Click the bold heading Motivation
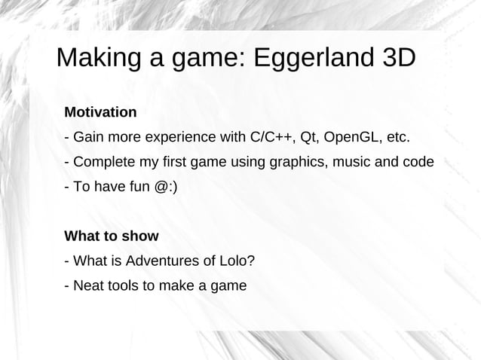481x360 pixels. (x=100, y=112)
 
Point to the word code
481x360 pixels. (x=418, y=162)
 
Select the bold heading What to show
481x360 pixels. (x=112, y=236)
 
